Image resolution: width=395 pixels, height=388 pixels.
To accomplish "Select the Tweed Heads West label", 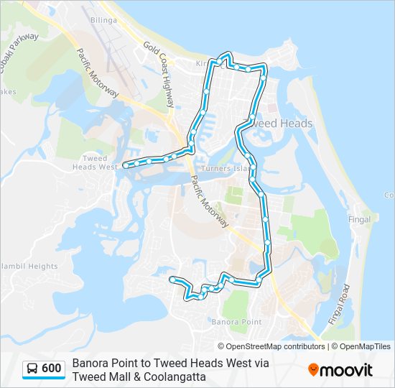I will tap(95, 162).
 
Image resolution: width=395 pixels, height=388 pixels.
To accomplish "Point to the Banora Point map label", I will tap(236, 321).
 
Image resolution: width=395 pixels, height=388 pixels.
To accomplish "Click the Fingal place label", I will tap(360, 219).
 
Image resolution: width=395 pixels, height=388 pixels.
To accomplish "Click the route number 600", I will tap(51, 369).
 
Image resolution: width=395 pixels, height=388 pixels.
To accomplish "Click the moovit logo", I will tap(340, 370).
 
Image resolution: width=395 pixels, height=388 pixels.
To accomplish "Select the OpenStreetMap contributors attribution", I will tap(265, 346).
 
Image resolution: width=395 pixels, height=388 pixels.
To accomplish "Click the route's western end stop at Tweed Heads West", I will tap(126, 165).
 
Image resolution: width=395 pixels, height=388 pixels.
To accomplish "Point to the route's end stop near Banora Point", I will tap(172, 278).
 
